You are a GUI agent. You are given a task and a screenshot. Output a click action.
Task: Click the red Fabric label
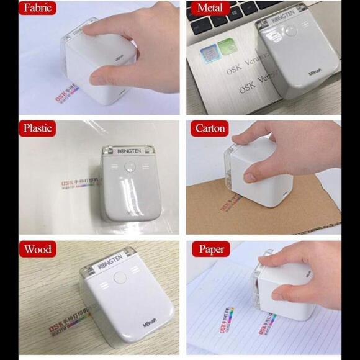pos(37,8)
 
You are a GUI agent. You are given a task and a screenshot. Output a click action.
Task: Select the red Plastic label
pos(37,128)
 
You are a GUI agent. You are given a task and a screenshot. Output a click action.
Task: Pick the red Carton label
pos(210,128)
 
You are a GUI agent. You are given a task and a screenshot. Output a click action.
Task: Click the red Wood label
pos(37,250)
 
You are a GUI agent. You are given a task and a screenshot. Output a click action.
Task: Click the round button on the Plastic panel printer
pos(129,167)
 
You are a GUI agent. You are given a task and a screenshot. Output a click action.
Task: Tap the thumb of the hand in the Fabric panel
pos(102,77)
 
